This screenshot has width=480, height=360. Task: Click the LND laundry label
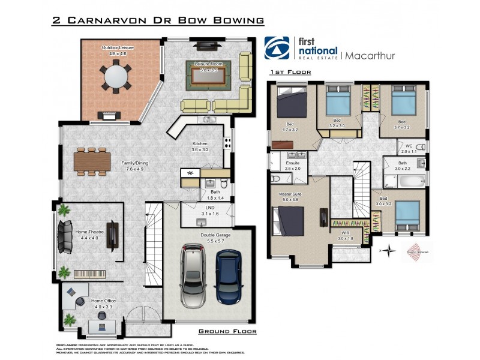click(210, 208)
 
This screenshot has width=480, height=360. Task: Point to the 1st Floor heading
click(290, 72)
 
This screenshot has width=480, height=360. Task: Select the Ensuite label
click(292, 163)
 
